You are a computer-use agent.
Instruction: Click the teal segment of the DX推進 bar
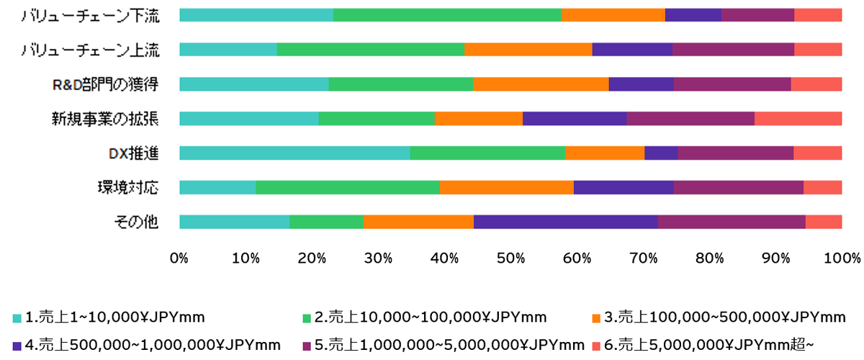click(294, 153)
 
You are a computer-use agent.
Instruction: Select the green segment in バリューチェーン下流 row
click(447, 15)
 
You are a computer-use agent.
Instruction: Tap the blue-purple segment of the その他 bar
click(565, 222)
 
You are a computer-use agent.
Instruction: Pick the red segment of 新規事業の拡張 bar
click(798, 119)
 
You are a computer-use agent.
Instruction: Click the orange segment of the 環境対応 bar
click(507, 187)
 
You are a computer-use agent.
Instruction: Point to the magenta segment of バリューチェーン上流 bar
click(733, 50)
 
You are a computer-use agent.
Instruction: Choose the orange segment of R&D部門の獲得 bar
click(541, 84)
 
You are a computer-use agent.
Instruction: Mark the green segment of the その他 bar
click(326, 222)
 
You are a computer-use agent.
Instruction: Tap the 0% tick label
click(179, 258)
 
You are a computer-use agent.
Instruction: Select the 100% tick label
click(842, 258)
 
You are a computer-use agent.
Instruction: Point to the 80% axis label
click(709, 258)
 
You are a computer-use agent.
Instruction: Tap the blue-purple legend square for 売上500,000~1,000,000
click(17, 344)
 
